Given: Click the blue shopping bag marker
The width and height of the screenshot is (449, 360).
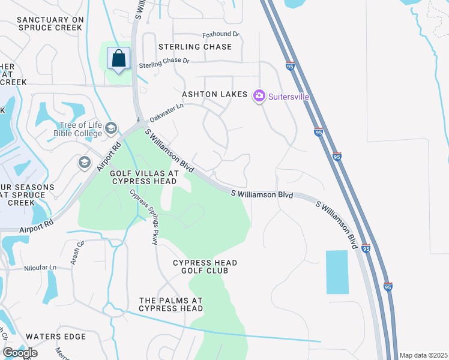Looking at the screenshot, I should pyautogui.click(x=119, y=59).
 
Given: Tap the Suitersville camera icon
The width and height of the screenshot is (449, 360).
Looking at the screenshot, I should pyautogui.click(x=259, y=95).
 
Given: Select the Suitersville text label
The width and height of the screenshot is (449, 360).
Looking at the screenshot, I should pyautogui.click(x=289, y=95).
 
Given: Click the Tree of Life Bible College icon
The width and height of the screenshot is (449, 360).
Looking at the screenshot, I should pyautogui.click(x=110, y=128).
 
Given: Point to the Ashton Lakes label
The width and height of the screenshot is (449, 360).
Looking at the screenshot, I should pyautogui.click(x=215, y=95).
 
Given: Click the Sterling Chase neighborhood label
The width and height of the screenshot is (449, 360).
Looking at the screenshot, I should pyautogui.click(x=195, y=47).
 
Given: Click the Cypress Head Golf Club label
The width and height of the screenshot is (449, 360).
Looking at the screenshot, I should pyautogui.click(x=205, y=267).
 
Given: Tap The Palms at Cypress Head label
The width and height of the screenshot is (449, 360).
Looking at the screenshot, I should pyautogui.click(x=171, y=304).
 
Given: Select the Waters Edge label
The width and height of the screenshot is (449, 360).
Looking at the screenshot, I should pyautogui.click(x=56, y=337).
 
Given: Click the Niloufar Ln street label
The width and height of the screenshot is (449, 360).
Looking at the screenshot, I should pyautogui.click(x=40, y=268).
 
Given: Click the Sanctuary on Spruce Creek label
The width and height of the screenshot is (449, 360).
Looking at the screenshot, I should pyautogui.click(x=49, y=24).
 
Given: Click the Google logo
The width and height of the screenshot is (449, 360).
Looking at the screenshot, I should pyautogui.click(x=20, y=353).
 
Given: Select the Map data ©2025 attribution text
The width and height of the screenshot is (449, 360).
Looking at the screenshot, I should pyautogui.click(x=423, y=355).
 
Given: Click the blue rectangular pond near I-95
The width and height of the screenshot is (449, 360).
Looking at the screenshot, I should pyautogui.click(x=337, y=272).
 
